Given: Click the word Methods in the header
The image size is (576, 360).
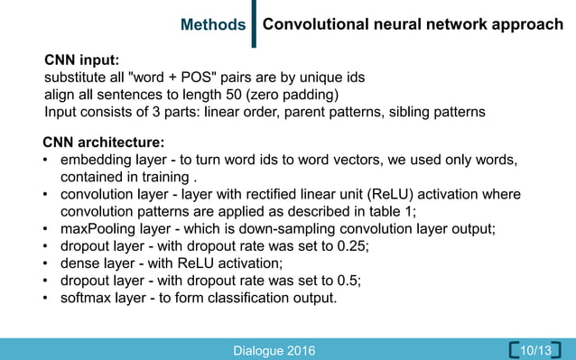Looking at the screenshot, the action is [x=213, y=25].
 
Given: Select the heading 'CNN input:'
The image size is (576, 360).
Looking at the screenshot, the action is [x=82, y=60].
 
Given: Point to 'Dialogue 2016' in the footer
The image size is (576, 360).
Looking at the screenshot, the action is [x=274, y=350].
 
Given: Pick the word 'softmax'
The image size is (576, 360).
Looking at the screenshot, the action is [x=88, y=298].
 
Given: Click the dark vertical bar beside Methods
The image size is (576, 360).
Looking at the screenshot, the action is [x=254, y=24].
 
